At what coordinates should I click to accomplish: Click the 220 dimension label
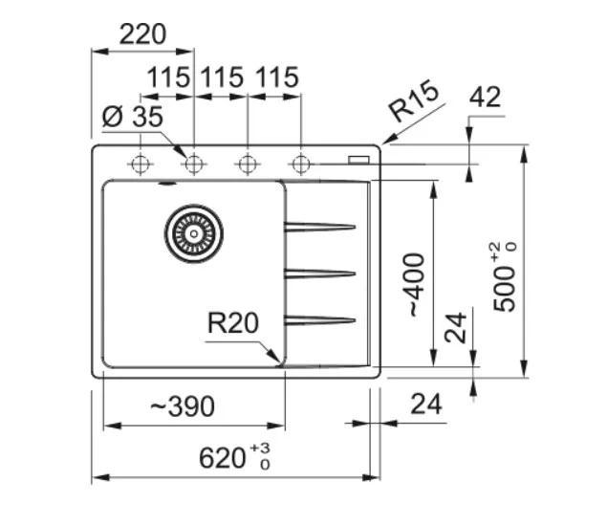coord(143,34)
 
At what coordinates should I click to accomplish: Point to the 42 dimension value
coord(486,97)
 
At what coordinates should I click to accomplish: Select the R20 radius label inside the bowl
coord(233,324)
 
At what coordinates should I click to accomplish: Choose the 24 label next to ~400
coord(457,329)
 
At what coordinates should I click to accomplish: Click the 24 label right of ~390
coord(426,405)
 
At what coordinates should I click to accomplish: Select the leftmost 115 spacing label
coord(169,77)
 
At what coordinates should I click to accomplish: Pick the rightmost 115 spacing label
coord(276,77)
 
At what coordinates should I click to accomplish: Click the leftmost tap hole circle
coord(141,164)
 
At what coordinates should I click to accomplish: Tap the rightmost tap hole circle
coord(301,164)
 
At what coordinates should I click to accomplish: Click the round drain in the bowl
coord(194,231)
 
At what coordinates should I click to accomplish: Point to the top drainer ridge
coord(320,227)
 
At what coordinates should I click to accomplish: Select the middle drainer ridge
coord(320,274)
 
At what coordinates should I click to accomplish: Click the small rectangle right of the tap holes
coord(360,159)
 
